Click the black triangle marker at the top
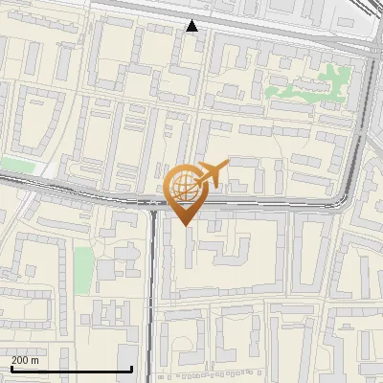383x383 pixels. (192, 26)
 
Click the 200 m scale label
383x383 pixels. (25, 360)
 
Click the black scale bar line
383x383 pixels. (71, 370)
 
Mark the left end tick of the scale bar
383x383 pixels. (11, 369)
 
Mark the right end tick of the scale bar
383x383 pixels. (131, 369)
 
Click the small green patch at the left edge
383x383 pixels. (15, 166)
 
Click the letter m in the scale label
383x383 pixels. (35, 360)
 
